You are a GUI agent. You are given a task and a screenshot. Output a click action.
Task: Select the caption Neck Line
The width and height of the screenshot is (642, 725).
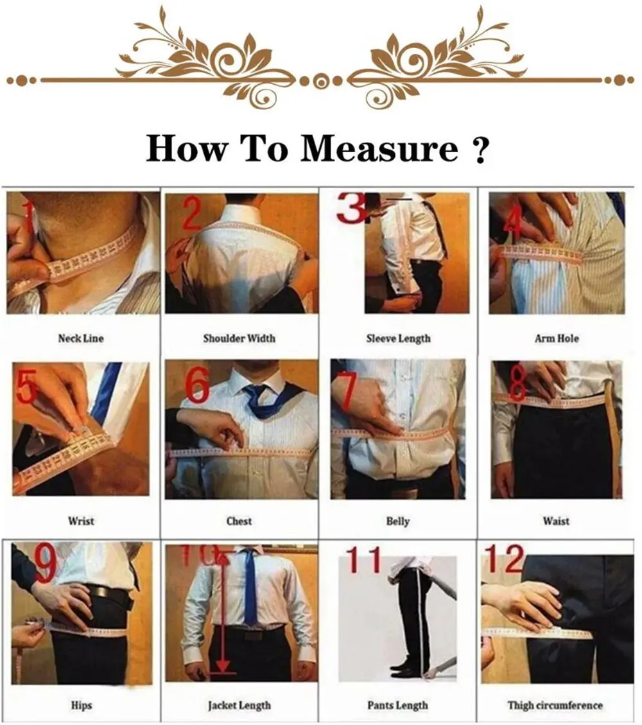[81, 338]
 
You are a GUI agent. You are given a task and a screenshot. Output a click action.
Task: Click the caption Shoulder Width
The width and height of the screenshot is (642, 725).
[239, 338]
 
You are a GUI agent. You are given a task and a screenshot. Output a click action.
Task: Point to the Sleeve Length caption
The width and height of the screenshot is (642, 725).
[399, 339]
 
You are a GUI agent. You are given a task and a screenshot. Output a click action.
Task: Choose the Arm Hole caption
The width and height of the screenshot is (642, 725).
[557, 338]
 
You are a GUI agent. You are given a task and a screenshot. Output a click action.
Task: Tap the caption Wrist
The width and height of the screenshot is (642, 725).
[81, 521]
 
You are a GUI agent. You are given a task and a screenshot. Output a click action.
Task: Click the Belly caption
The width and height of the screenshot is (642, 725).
[398, 521]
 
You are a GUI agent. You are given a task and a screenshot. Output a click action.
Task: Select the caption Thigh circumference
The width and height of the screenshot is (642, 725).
[555, 705]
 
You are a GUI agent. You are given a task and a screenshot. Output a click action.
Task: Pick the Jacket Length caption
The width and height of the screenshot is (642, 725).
[239, 706]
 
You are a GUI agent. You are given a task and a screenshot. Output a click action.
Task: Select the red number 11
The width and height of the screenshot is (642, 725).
[364, 559]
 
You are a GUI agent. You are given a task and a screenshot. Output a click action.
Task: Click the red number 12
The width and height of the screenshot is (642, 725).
[504, 559]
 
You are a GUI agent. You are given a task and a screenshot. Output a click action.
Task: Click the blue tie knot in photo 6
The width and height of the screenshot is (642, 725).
[255, 394]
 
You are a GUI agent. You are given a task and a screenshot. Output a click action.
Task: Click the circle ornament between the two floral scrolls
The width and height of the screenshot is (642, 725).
[321, 82]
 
